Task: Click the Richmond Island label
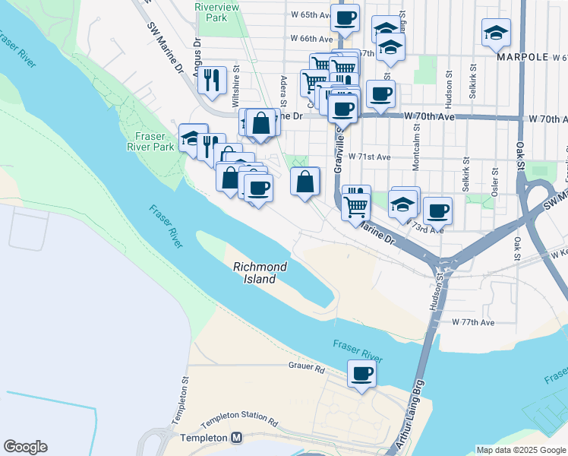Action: tap(260, 273)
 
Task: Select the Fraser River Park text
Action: tap(152, 141)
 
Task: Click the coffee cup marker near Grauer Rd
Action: tap(361, 374)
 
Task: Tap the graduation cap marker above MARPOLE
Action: tap(496, 33)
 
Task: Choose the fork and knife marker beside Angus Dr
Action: tap(213, 79)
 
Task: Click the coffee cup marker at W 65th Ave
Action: tap(345, 17)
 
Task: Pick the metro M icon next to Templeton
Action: tap(236, 439)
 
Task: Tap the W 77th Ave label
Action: tap(472, 322)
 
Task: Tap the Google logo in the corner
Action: tap(25, 447)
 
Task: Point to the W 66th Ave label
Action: tap(311, 39)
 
